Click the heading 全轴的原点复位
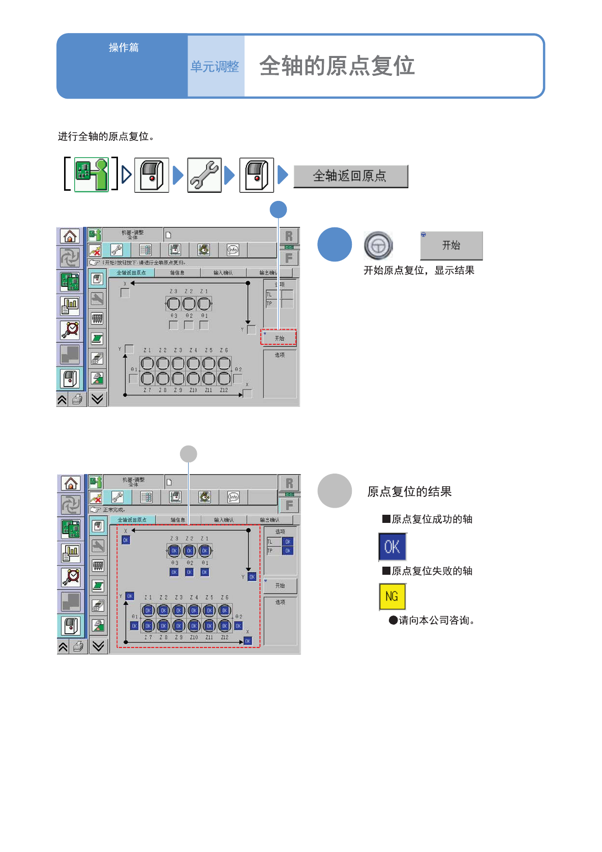coord(337,66)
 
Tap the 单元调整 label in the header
coord(215,67)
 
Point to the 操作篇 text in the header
coord(124,47)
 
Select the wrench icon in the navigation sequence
coord(204,175)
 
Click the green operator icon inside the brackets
coord(92,174)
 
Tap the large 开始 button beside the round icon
coord(451,246)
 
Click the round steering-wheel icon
coord(378,246)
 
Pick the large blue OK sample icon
coord(392,547)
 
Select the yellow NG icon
coord(392,596)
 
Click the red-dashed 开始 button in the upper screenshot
coord(279,338)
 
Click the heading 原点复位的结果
coord(409,491)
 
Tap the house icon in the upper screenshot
coord(70,236)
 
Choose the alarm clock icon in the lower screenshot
coord(71,577)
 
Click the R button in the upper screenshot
coord(289,236)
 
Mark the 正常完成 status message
coord(114,510)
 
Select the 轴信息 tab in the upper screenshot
coord(177,273)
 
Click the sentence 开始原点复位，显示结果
coord(418,270)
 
